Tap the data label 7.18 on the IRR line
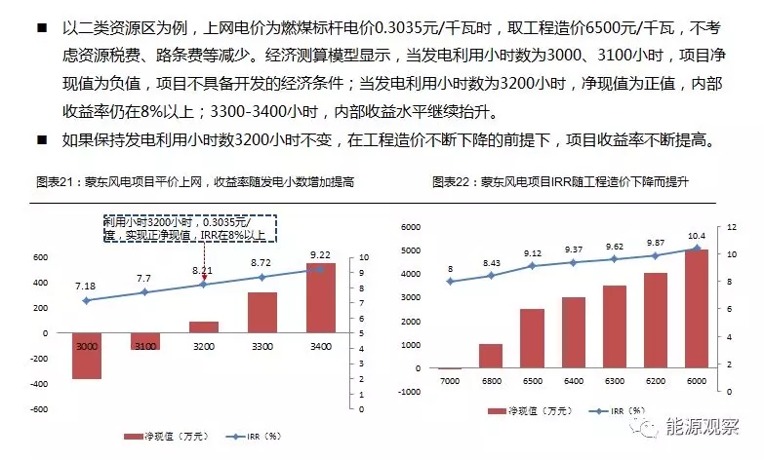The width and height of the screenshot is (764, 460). pyautogui.click(x=85, y=285)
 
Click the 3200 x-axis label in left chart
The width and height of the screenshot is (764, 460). pyautogui.click(x=203, y=345)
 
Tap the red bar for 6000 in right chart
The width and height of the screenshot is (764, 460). pyautogui.click(x=696, y=309)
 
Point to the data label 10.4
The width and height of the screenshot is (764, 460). pyautogui.click(x=696, y=237)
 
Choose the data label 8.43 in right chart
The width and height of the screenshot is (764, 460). pyautogui.click(x=490, y=263)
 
